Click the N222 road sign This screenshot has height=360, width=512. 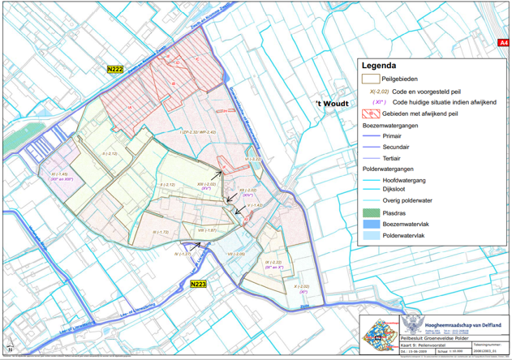tap(114, 71)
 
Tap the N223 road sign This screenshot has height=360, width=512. tap(198, 285)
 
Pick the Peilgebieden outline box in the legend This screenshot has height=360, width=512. tap(371, 79)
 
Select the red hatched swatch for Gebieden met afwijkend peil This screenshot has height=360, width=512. tap(371, 114)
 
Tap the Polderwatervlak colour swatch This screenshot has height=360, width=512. tap(371, 236)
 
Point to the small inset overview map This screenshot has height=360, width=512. tap(377, 336)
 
